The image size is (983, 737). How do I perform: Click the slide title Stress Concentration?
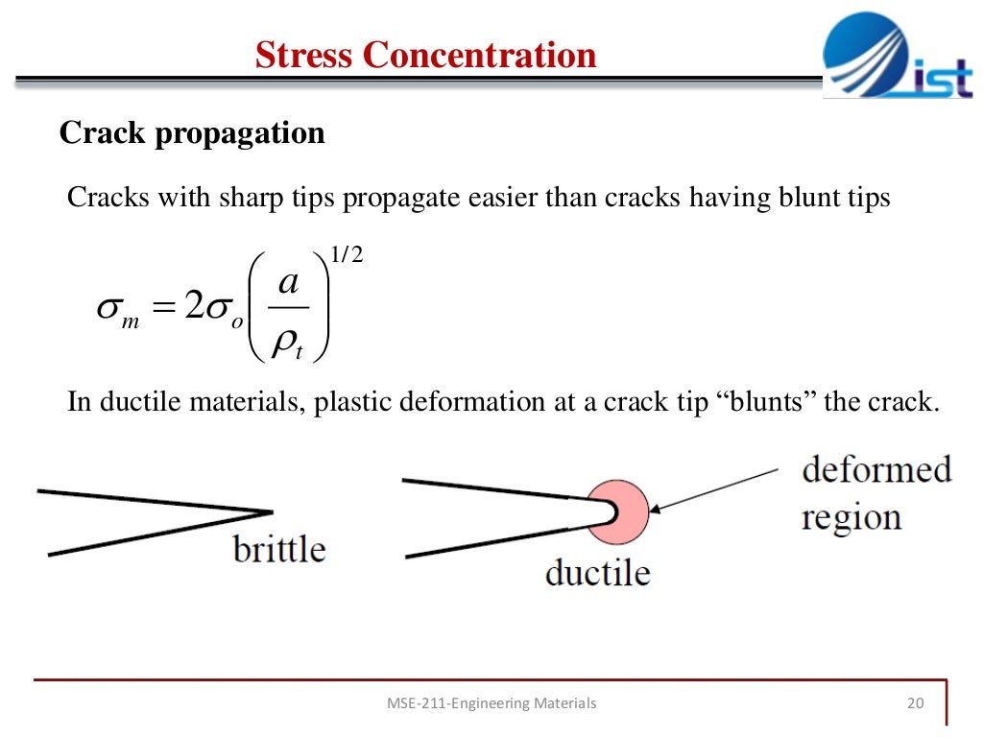point(425,55)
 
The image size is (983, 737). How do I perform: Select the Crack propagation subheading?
point(192,132)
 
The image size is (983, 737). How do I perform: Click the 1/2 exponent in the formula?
point(346,256)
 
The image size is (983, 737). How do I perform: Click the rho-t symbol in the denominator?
point(287,345)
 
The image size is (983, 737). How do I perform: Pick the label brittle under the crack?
point(279,550)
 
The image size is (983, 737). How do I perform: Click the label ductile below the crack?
point(597,573)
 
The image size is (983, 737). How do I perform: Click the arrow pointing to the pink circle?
point(715,489)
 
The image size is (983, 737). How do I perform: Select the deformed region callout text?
point(875,493)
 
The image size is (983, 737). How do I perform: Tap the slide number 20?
point(915,703)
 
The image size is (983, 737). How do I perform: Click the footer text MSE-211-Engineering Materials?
point(491,703)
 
